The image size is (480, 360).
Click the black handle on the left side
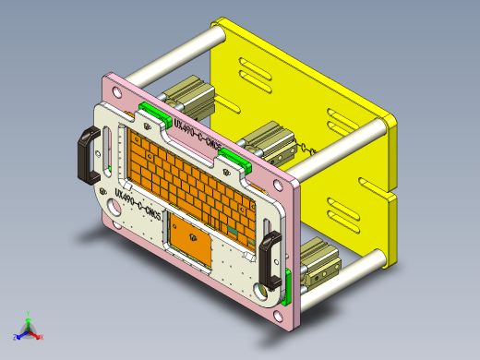click(x=89, y=155)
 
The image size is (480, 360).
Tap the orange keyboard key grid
click(x=189, y=175)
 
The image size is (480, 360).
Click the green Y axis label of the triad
click(x=29, y=314)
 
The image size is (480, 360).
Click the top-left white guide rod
click(x=175, y=54)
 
